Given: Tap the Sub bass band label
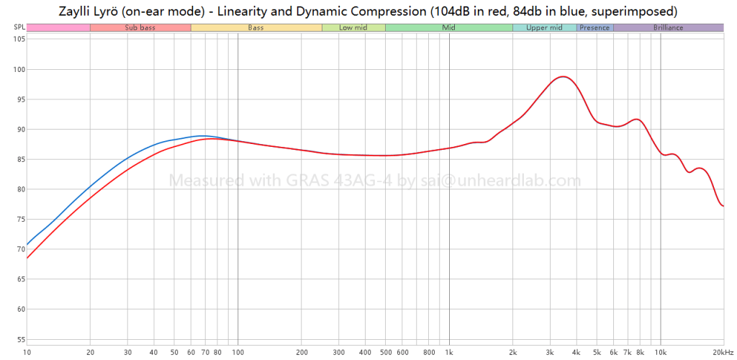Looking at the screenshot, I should (140, 27).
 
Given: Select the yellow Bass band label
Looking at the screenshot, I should (256, 27).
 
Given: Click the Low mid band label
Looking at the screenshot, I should (353, 27).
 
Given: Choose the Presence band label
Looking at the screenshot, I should (594, 27).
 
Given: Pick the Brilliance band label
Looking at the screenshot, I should (669, 27).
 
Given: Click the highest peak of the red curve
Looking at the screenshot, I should (562, 76).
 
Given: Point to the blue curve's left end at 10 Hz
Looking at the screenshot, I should (27, 245).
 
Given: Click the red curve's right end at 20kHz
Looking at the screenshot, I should (723, 206).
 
